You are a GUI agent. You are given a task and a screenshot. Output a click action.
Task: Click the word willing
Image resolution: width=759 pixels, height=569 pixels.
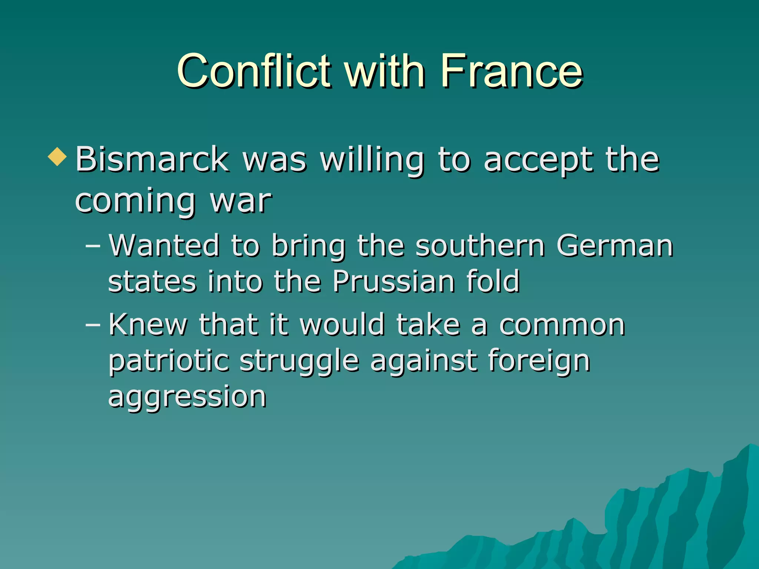pos(372,160)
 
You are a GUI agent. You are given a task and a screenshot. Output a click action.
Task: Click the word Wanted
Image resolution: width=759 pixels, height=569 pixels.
pos(164,245)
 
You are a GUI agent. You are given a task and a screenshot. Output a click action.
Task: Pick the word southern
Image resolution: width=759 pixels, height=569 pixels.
pos(480,245)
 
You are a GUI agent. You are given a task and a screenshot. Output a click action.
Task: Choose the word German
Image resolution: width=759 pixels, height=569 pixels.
pos(615,245)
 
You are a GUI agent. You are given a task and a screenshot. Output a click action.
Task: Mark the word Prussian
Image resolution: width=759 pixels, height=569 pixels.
pos(393,281)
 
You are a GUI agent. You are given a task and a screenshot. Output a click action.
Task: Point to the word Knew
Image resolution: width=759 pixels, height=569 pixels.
pos(148,325)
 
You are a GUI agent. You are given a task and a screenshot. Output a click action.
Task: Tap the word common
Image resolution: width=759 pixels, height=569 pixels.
pos(562,325)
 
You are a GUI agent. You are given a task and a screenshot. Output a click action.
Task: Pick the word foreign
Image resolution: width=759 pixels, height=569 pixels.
pos(539,361)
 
